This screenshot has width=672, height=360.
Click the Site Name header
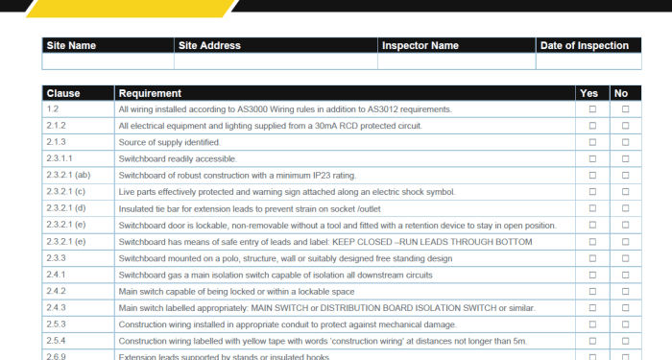(71, 45)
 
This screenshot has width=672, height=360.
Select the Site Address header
(209, 45)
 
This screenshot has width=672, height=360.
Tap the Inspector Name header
(420, 45)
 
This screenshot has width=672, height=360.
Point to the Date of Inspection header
(585, 45)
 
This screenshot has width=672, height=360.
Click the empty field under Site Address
(276, 61)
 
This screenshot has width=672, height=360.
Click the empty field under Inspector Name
(456, 61)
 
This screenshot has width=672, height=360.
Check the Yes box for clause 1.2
(592, 109)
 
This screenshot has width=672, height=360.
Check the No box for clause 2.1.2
(626, 126)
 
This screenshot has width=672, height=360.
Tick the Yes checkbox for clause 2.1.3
(592, 142)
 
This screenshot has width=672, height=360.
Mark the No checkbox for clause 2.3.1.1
(626, 158)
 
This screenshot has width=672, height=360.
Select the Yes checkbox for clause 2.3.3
(592, 258)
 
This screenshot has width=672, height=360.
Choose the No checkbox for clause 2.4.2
(626, 291)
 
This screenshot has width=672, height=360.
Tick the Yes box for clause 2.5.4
(592, 341)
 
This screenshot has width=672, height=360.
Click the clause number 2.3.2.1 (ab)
(68, 176)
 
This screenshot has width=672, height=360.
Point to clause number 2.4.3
(56, 307)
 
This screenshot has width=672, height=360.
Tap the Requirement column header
(150, 93)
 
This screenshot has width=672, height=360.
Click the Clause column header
(63, 93)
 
